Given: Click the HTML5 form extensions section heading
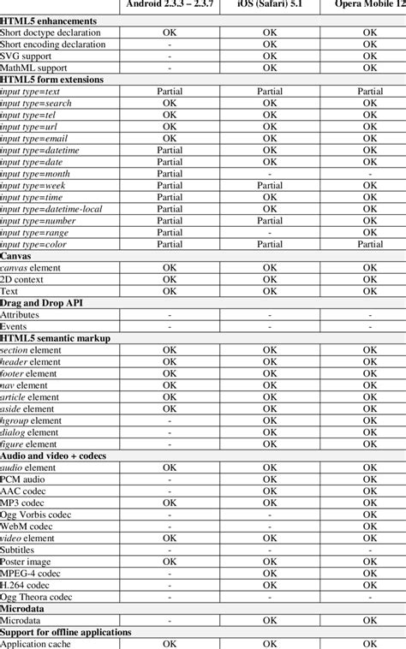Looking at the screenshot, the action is point(52,79).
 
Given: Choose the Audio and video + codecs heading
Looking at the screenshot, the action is point(53,455).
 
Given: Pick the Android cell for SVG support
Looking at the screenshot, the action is point(170,56).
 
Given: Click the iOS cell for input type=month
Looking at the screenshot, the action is point(270,173).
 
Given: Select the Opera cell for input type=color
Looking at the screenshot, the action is point(370,244).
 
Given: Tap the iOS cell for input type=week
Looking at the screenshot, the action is point(270,185).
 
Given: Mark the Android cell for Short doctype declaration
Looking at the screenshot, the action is point(170,32).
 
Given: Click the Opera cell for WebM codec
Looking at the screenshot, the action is point(370,527).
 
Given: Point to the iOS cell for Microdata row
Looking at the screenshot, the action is point(270,620).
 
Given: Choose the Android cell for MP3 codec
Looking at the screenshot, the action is point(170,503).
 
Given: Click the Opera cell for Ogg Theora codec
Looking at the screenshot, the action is point(370,597).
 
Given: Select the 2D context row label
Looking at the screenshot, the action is point(27,279).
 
